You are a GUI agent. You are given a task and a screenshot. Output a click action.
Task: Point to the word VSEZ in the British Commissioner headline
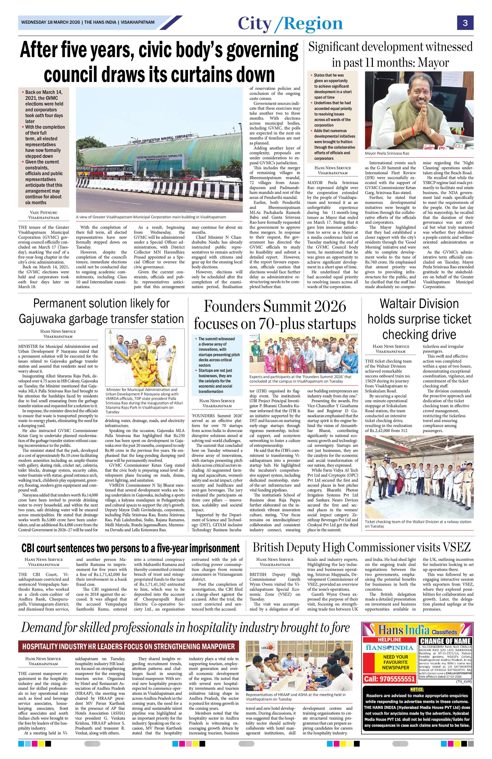point(457,548)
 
